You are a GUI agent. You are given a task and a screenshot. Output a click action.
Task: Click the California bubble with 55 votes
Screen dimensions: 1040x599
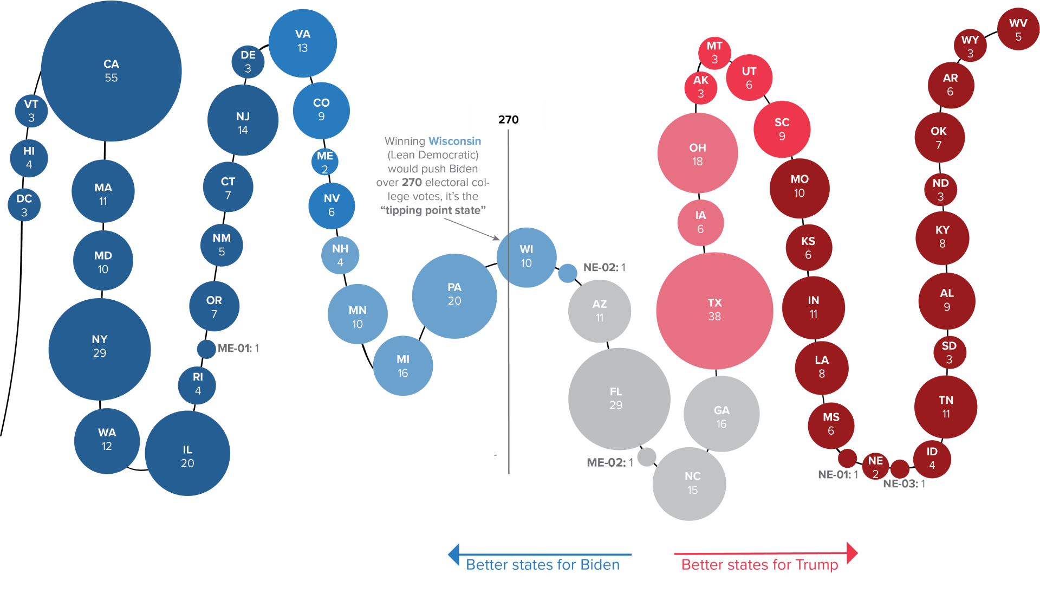click(x=111, y=71)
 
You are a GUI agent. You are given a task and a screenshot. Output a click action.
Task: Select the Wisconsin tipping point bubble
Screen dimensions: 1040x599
click(x=526, y=257)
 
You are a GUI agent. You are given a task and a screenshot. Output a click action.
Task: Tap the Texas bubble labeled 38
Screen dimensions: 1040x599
click(x=714, y=311)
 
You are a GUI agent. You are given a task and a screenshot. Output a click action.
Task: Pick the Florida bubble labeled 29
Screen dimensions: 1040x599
click(x=619, y=399)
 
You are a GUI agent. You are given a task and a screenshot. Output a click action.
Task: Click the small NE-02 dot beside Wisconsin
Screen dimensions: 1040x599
click(x=568, y=273)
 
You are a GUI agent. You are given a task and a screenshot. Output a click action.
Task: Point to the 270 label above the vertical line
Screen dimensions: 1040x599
click(x=508, y=120)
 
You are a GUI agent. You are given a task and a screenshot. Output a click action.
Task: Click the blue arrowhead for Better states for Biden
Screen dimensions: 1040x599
click(x=454, y=554)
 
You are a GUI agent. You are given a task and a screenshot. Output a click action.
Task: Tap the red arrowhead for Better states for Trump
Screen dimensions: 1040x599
click(x=852, y=553)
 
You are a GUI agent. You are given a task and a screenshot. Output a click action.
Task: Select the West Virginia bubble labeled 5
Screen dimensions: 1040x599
click(x=1018, y=29)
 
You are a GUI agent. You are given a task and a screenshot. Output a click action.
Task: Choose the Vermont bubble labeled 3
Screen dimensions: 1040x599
click(x=31, y=111)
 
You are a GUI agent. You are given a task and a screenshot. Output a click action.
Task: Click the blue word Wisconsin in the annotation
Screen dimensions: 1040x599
click(x=454, y=141)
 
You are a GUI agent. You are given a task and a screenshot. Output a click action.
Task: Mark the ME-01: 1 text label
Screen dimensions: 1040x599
click(x=238, y=348)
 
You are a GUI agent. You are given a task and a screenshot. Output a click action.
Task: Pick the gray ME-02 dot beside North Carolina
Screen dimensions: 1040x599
click(x=647, y=457)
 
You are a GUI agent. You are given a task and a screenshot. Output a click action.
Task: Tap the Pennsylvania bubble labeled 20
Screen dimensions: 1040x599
click(x=454, y=296)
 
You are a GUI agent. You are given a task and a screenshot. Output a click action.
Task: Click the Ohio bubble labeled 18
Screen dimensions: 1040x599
click(x=698, y=153)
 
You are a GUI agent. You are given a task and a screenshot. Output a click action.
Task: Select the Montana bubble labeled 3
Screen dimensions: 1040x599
click(x=714, y=53)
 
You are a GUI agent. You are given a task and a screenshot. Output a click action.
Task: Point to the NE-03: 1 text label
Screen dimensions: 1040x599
click(x=904, y=484)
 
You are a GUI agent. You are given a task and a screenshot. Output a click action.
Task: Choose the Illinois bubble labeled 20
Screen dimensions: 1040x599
click(x=187, y=453)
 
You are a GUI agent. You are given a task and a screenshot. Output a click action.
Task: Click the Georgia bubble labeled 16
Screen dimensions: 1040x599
click(x=721, y=414)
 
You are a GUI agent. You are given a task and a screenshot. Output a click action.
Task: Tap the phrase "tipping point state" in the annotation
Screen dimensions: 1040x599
click(x=433, y=210)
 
